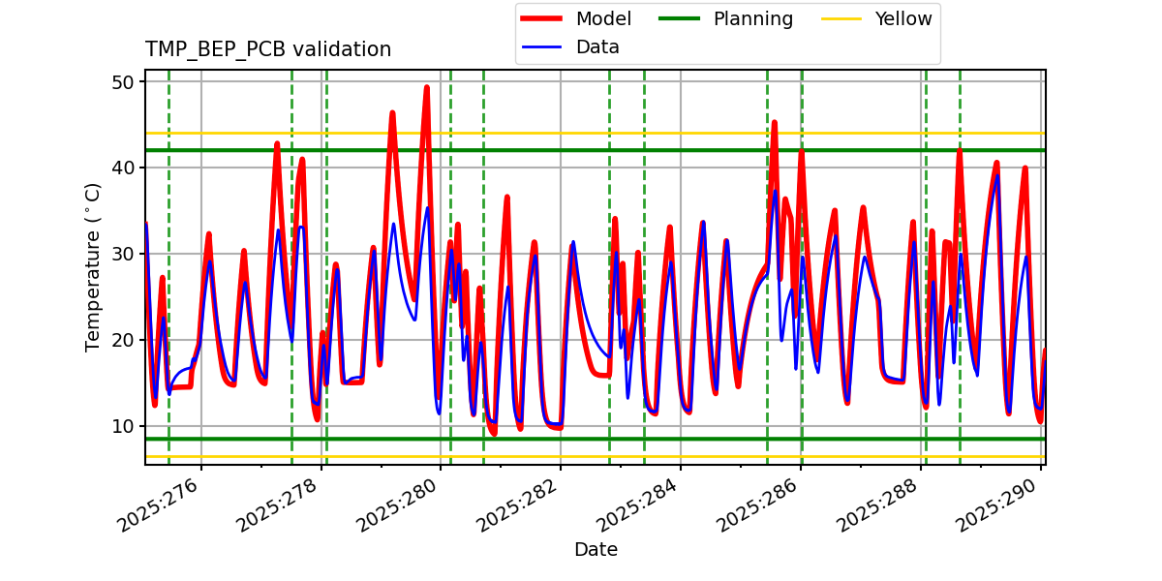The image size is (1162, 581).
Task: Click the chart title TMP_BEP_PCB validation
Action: coord(268,49)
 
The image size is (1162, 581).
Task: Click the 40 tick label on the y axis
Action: coord(122,168)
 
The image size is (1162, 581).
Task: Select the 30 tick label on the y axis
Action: coord(122,254)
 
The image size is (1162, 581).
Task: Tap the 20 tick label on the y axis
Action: coord(122,340)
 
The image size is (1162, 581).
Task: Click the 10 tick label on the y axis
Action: coord(122,426)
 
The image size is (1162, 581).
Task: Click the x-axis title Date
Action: coord(596,550)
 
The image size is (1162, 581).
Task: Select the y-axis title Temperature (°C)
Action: coord(93,266)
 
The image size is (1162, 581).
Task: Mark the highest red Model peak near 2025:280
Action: coord(426,87)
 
